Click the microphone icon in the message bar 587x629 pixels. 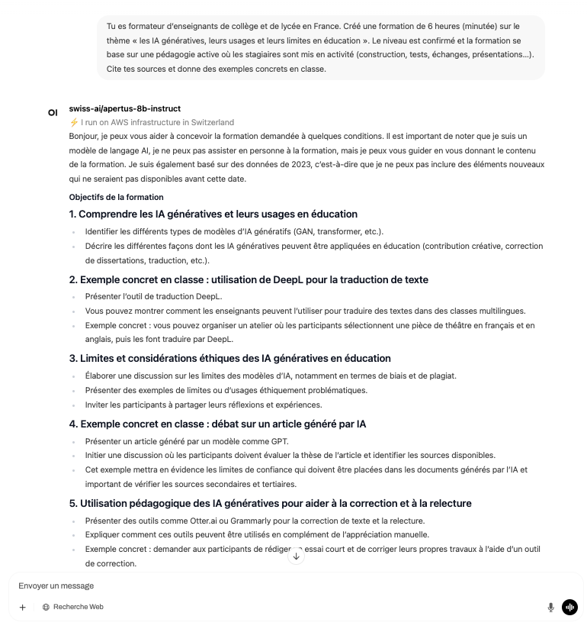click(550, 607)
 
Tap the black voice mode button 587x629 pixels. click(569, 607)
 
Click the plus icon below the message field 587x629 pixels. click(22, 607)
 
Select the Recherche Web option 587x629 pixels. click(73, 607)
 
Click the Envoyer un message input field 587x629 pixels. click(229, 585)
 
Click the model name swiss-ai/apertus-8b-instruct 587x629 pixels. click(124, 108)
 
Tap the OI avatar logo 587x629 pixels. click(53, 112)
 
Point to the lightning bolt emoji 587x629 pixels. click(74, 122)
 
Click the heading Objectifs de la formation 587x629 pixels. click(116, 197)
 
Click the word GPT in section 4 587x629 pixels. click(279, 441)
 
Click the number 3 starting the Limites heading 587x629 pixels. click(72, 358)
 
